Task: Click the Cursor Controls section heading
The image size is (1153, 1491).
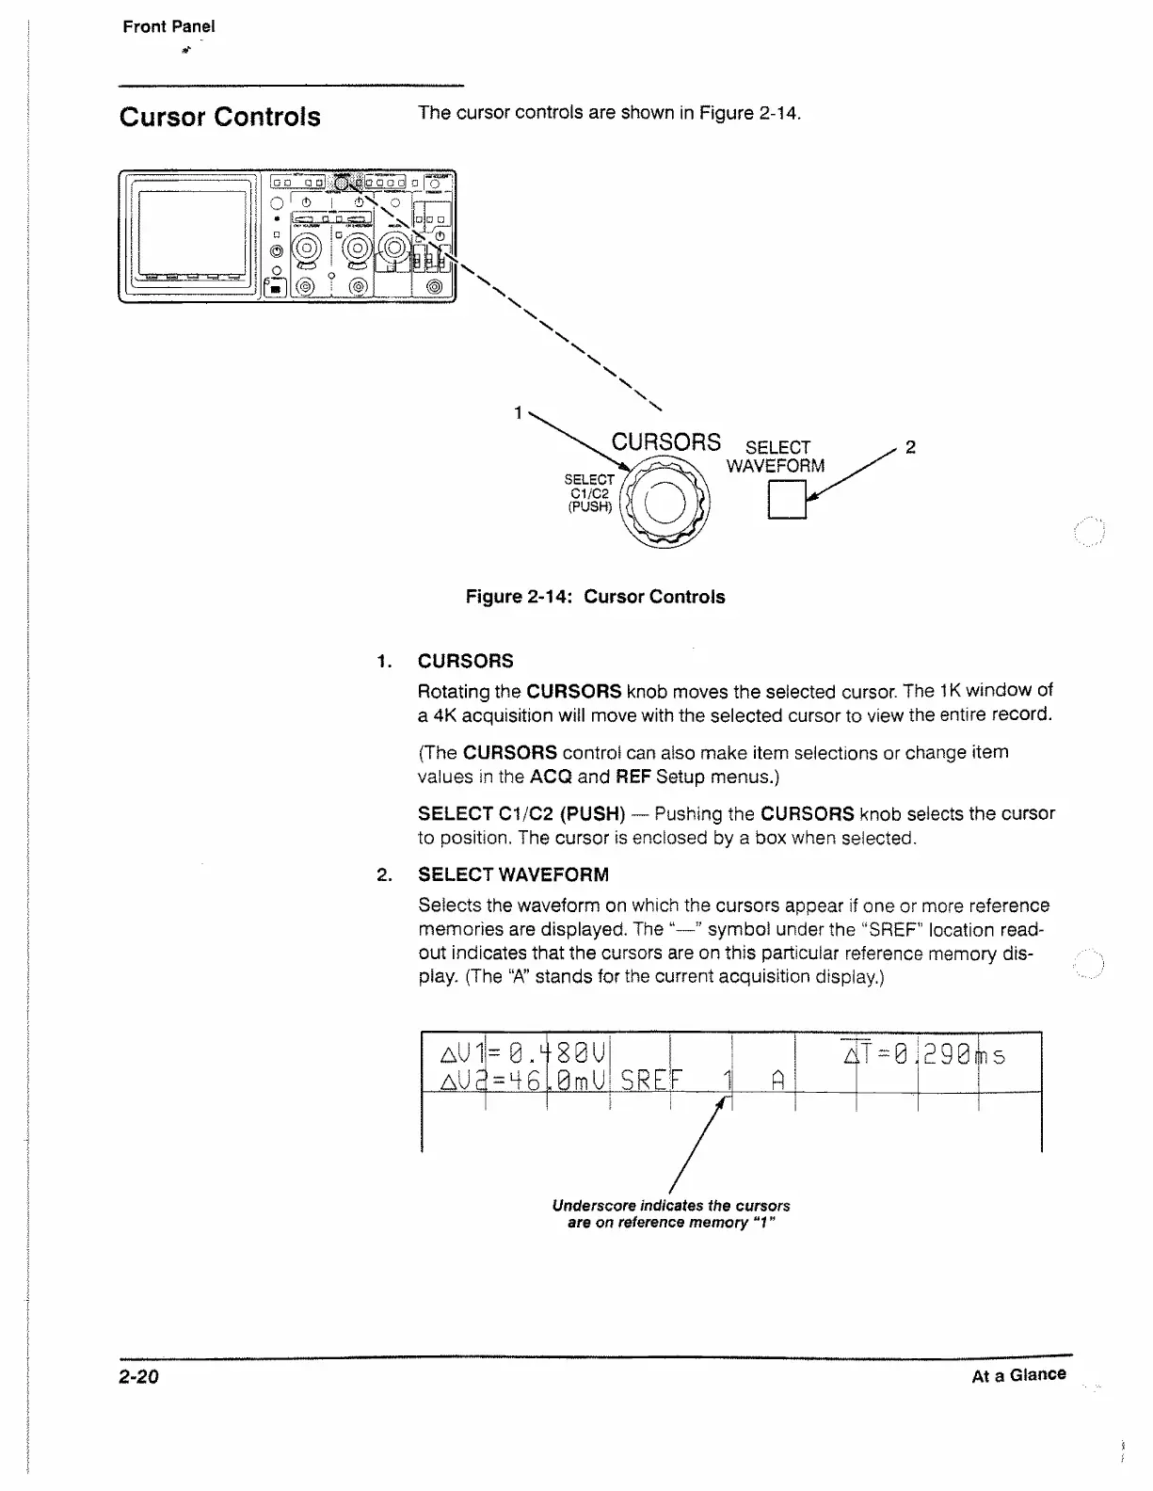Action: click(219, 117)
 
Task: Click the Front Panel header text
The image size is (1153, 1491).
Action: click(168, 26)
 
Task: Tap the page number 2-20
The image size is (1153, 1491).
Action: click(139, 1377)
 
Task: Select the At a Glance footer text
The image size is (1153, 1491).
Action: click(1018, 1375)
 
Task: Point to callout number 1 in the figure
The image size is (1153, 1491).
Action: click(518, 412)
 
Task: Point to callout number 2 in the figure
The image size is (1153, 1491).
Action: click(910, 447)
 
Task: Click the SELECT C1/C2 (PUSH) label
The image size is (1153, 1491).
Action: click(589, 493)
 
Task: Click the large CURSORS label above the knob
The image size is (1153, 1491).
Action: click(666, 442)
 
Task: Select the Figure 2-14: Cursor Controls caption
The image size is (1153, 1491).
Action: click(595, 597)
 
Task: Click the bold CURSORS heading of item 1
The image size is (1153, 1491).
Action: click(466, 661)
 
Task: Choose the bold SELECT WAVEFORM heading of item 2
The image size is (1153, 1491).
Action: click(513, 874)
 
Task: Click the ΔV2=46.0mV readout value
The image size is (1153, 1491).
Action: click(525, 1078)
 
